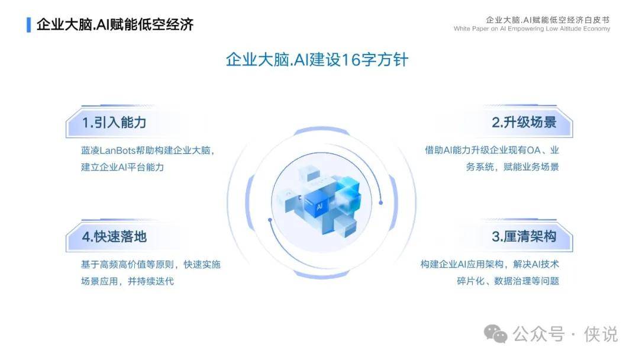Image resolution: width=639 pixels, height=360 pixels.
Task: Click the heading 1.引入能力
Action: [114, 123]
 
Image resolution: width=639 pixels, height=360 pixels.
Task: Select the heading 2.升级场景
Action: [524, 123]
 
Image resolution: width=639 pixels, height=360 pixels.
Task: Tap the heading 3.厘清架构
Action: [524, 236]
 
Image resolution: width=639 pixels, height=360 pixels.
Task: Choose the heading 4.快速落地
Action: [114, 236]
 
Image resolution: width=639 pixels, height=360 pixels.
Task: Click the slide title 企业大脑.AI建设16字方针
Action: [317, 60]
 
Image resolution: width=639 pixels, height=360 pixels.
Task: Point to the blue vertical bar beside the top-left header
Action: [28, 24]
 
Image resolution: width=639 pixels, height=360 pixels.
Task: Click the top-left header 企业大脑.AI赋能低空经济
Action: [115, 24]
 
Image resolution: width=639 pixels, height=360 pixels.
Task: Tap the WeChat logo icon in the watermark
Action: [496, 334]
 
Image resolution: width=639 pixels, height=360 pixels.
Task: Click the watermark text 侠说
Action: [601, 335]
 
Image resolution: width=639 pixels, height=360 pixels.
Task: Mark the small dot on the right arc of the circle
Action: [380, 202]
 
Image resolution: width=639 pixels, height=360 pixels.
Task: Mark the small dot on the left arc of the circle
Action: [270, 220]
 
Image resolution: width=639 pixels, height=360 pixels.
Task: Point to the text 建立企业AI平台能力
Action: [122, 167]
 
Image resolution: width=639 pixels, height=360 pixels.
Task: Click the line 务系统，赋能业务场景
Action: [512, 167]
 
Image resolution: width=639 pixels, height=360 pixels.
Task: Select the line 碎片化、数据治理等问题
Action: [508, 281]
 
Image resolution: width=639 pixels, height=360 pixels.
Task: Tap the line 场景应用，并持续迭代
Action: [128, 281]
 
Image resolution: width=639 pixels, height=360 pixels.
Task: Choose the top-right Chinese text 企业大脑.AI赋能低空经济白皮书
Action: [548, 20]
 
